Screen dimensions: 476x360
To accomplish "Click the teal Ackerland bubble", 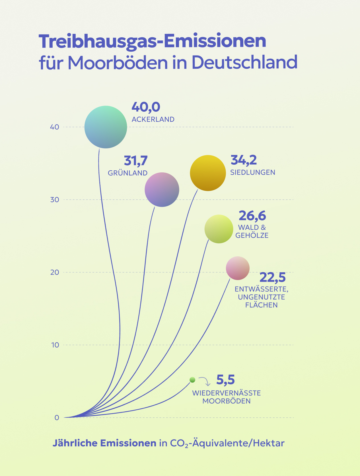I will pos(106,127).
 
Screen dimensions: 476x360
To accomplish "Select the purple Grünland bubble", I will pos(162,190).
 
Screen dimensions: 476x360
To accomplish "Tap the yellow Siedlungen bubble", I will pos(208,173).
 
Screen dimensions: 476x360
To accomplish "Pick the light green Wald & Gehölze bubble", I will pos(219,229).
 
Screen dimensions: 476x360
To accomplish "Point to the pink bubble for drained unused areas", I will pos(238,268).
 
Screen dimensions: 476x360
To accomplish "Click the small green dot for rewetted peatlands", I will pos(192,380).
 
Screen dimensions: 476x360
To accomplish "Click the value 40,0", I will pos(146,107).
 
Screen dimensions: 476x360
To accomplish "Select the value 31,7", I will pos(135,161).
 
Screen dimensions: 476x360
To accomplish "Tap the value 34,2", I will pos(244,160).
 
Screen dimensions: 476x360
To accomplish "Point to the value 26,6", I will pos(252,216).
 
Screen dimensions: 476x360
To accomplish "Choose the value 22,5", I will pos(272,277).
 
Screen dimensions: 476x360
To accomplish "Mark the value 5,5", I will pos(225,380).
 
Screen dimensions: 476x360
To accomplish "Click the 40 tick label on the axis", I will pos(55,127).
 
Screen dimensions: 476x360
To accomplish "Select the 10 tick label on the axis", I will pos(55,345).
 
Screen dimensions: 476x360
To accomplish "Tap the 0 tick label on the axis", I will pos(57,418).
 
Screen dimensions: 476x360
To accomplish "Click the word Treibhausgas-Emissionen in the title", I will pos(153,42).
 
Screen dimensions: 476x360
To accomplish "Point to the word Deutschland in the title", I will pos(244,62).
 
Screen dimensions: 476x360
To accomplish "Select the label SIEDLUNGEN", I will pos(253,172).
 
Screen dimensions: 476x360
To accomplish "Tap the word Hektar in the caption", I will pos(269,443).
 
